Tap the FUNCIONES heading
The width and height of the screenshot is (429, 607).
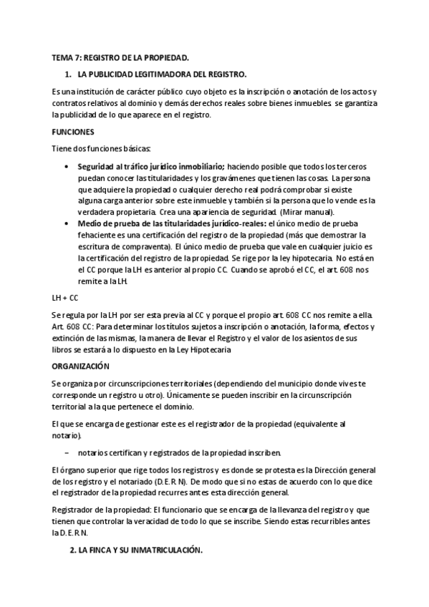coord(74,132)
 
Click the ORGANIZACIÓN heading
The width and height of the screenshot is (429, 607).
coord(81,365)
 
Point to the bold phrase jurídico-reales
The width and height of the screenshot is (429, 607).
coord(223,223)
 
